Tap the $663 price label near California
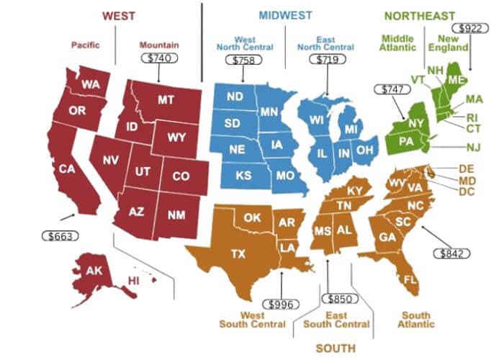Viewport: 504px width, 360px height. click(x=58, y=235)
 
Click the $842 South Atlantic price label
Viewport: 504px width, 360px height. click(x=451, y=253)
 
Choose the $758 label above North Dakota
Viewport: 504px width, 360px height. click(x=243, y=60)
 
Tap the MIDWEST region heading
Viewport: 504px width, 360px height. click(x=287, y=15)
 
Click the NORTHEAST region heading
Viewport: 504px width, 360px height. click(x=420, y=15)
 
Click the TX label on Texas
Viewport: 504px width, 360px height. click(x=237, y=253)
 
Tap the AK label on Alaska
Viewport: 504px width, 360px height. click(x=94, y=271)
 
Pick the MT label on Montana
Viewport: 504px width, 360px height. click(x=166, y=100)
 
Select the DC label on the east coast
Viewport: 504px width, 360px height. click(x=467, y=192)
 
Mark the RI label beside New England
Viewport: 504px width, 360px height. click(x=472, y=117)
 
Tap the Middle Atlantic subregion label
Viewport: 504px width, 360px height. click(x=399, y=42)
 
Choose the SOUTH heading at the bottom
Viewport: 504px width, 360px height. click(x=336, y=348)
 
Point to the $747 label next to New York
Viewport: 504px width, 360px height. click(x=387, y=89)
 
